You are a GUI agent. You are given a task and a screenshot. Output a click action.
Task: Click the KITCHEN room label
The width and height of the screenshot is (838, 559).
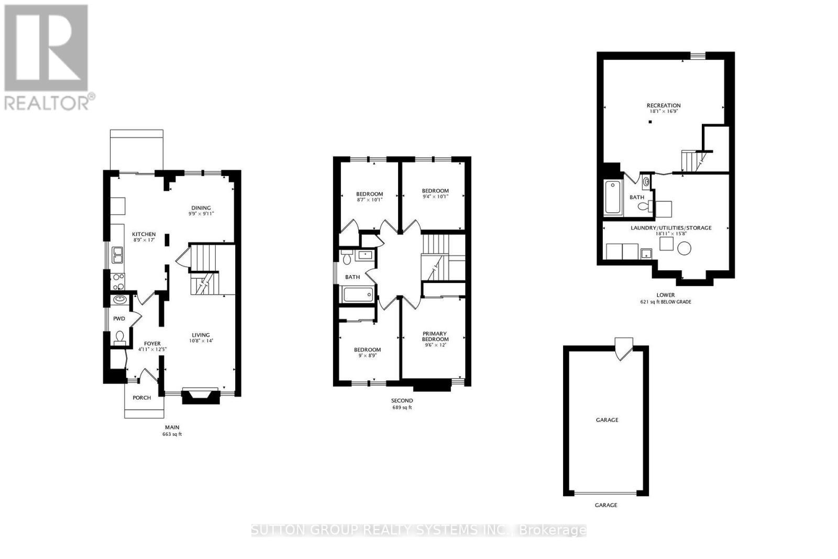point(144,234)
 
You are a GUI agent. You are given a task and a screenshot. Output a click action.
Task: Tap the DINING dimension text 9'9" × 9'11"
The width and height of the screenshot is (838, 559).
point(201,214)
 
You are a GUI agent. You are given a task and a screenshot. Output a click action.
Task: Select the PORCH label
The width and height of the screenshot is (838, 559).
point(141,398)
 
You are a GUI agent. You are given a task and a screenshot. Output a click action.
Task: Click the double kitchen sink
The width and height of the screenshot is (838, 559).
point(117,255)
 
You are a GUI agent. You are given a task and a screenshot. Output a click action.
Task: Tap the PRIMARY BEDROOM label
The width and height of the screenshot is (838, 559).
point(435,336)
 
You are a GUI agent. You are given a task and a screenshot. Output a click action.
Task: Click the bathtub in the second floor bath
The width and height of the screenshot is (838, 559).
point(358,294)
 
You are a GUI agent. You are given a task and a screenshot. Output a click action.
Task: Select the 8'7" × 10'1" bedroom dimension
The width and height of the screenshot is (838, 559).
point(369,200)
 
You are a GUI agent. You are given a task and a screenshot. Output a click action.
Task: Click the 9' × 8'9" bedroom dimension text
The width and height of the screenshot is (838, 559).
point(367,355)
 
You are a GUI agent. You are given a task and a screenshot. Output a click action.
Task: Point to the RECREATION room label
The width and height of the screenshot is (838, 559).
point(663,105)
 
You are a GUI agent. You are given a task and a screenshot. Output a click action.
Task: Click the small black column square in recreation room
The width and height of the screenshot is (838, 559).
point(649,122)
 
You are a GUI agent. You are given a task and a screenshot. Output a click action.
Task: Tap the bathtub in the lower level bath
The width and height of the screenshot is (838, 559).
point(612,197)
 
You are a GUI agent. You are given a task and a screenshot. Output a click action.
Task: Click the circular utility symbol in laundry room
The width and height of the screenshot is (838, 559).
point(684,249)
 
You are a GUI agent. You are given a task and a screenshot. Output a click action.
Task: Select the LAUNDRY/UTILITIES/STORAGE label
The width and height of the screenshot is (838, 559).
point(670,228)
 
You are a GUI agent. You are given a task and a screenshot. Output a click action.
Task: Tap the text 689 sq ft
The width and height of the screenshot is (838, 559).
point(402,408)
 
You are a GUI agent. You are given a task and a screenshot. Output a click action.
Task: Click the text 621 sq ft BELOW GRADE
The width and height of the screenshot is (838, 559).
point(665,302)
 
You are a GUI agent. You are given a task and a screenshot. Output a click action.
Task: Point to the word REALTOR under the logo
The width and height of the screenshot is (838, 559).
point(46,103)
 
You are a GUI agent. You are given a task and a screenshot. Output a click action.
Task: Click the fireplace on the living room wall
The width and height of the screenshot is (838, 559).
point(200,396)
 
